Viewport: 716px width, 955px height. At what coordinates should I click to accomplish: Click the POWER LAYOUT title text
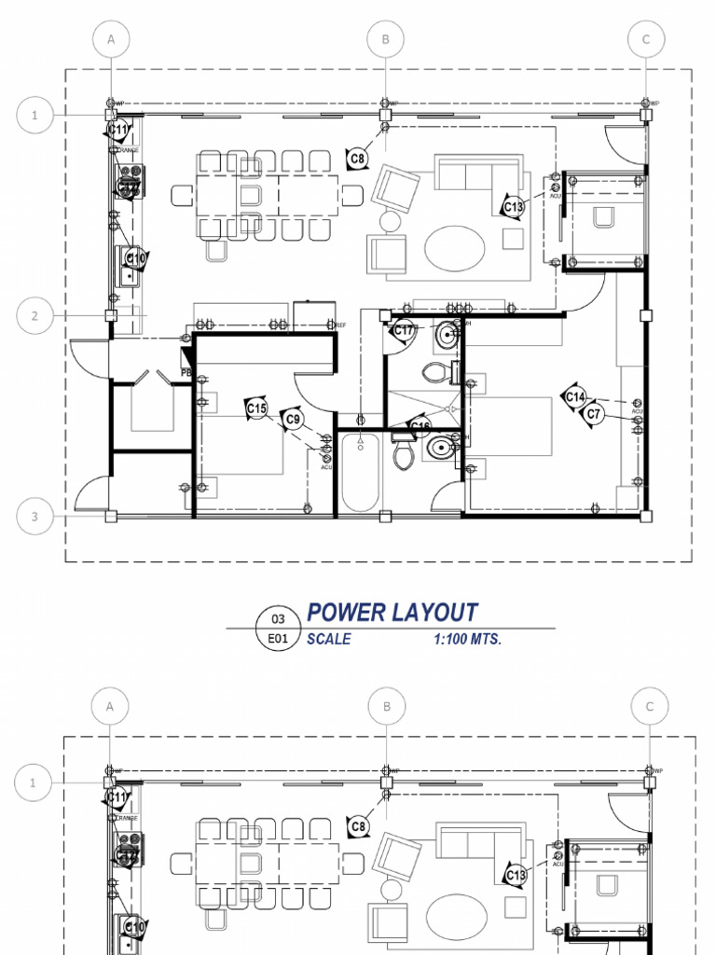(392, 613)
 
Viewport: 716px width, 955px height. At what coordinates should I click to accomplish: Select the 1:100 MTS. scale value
(467, 640)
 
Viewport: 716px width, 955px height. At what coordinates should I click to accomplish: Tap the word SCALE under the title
(328, 640)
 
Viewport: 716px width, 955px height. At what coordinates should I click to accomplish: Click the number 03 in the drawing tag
(278, 619)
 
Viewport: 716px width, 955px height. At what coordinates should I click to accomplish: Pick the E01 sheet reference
(278, 640)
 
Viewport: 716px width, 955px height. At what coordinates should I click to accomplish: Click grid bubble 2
(34, 316)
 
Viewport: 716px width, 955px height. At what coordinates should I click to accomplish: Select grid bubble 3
(34, 517)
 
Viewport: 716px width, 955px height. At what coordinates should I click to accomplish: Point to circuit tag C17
(404, 330)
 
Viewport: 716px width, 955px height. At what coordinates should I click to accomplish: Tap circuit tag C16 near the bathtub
(420, 428)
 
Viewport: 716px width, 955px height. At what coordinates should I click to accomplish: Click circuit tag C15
(256, 408)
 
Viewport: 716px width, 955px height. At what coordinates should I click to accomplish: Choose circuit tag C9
(294, 420)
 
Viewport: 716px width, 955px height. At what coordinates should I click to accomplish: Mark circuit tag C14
(575, 396)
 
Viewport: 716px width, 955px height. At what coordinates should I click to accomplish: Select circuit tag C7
(596, 413)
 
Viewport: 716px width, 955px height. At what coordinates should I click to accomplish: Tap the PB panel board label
(186, 370)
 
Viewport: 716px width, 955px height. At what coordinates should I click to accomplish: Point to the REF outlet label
(341, 325)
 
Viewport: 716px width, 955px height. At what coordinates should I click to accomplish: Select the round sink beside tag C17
(447, 333)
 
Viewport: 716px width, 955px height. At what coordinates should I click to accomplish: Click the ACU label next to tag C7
(638, 411)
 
